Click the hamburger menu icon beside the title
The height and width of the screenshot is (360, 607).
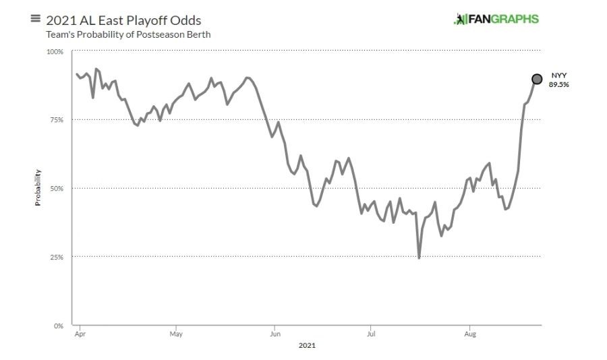tap(36, 18)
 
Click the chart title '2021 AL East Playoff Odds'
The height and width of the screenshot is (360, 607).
tap(123, 20)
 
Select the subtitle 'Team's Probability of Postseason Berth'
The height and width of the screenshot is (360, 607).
tap(128, 34)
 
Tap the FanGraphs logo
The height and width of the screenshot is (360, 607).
tap(496, 19)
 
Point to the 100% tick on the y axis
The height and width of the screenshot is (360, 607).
tap(55, 52)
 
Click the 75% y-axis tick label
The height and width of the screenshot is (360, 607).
tap(56, 120)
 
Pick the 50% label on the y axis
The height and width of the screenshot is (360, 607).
tap(56, 189)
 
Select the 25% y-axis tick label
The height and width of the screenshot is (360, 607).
tap(56, 257)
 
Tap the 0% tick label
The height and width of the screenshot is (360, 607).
tap(58, 326)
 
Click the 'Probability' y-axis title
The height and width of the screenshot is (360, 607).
tap(38, 187)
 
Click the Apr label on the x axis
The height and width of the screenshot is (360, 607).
tap(79, 334)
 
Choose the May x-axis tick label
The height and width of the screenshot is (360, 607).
tap(176, 334)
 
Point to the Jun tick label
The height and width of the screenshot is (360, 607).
tap(274, 334)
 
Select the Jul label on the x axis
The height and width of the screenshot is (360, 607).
tap(370, 334)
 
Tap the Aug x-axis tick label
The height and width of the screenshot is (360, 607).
tap(469, 334)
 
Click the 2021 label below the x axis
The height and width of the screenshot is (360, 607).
tap(306, 346)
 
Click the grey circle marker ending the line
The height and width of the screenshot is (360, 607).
tap(537, 79)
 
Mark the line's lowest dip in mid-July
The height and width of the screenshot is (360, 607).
tap(419, 258)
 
